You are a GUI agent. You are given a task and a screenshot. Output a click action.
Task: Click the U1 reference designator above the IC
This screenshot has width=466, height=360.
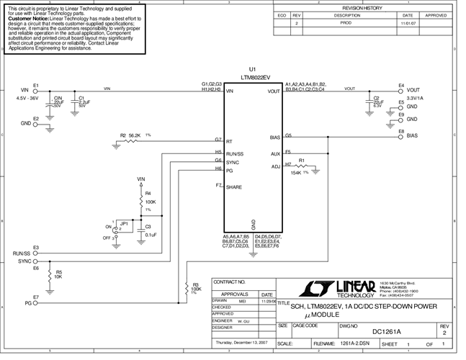point(252,69)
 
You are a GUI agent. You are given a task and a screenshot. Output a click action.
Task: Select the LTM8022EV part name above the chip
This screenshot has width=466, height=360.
point(256,76)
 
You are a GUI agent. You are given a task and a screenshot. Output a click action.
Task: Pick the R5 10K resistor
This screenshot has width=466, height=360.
point(49,276)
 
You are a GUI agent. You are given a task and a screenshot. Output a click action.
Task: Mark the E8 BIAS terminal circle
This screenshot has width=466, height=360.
point(401,135)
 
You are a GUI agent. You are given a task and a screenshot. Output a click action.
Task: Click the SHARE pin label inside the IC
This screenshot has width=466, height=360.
point(234,187)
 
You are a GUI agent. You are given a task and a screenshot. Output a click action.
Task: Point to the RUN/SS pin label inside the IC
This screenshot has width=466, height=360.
point(236,153)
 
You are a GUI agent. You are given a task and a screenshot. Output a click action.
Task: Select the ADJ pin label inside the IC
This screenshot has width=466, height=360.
point(275,166)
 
